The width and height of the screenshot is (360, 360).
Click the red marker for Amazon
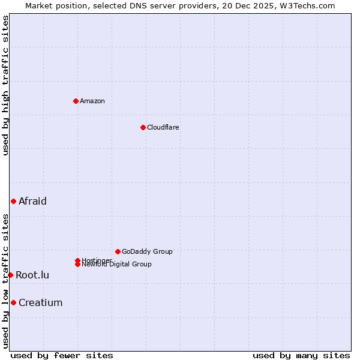pyautogui.click(x=76, y=101)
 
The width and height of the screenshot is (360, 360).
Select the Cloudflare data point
pyautogui.click(x=143, y=127)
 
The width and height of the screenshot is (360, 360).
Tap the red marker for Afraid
pyautogui.click(x=13, y=201)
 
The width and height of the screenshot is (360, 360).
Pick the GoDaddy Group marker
pyautogui.click(x=118, y=251)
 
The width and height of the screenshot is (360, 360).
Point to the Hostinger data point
pyautogui.click(x=77, y=260)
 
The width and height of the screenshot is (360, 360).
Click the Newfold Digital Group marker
pyautogui.click(x=77, y=264)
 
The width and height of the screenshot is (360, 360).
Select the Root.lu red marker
pyautogui.click(x=10, y=275)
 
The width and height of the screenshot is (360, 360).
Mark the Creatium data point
pyautogui.click(x=13, y=302)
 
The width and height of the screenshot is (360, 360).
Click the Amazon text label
pyautogui.click(x=92, y=101)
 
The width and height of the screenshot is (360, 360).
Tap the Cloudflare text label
pyautogui.click(x=163, y=127)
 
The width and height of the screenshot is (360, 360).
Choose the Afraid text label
pyautogui.click(x=32, y=201)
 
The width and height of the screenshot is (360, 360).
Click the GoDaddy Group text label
pyautogui.click(x=147, y=251)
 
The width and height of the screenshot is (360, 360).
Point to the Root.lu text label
pyautogui.click(x=32, y=275)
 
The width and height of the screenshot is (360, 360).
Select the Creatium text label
pyautogui.click(x=40, y=302)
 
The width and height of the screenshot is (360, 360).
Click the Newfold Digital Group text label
pyautogui.click(x=116, y=264)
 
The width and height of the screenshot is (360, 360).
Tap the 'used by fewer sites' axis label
pyautogui.click(x=62, y=355)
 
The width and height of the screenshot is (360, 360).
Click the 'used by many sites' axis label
pyautogui.click(x=301, y=355)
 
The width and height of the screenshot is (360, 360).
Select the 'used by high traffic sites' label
pyautogui.click(x=5, y=85)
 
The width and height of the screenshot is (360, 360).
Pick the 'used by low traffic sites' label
pyautogui.click(x=5, y=281)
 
